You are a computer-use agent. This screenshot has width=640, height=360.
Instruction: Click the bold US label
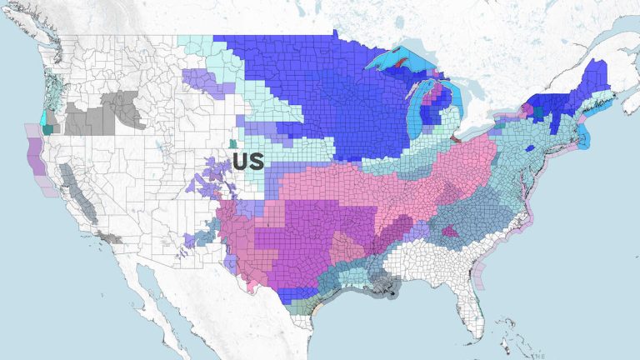click(248, 161)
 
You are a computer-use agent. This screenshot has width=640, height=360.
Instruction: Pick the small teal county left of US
click(232, 144)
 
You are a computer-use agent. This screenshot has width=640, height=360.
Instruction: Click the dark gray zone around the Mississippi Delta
click(386, 287)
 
